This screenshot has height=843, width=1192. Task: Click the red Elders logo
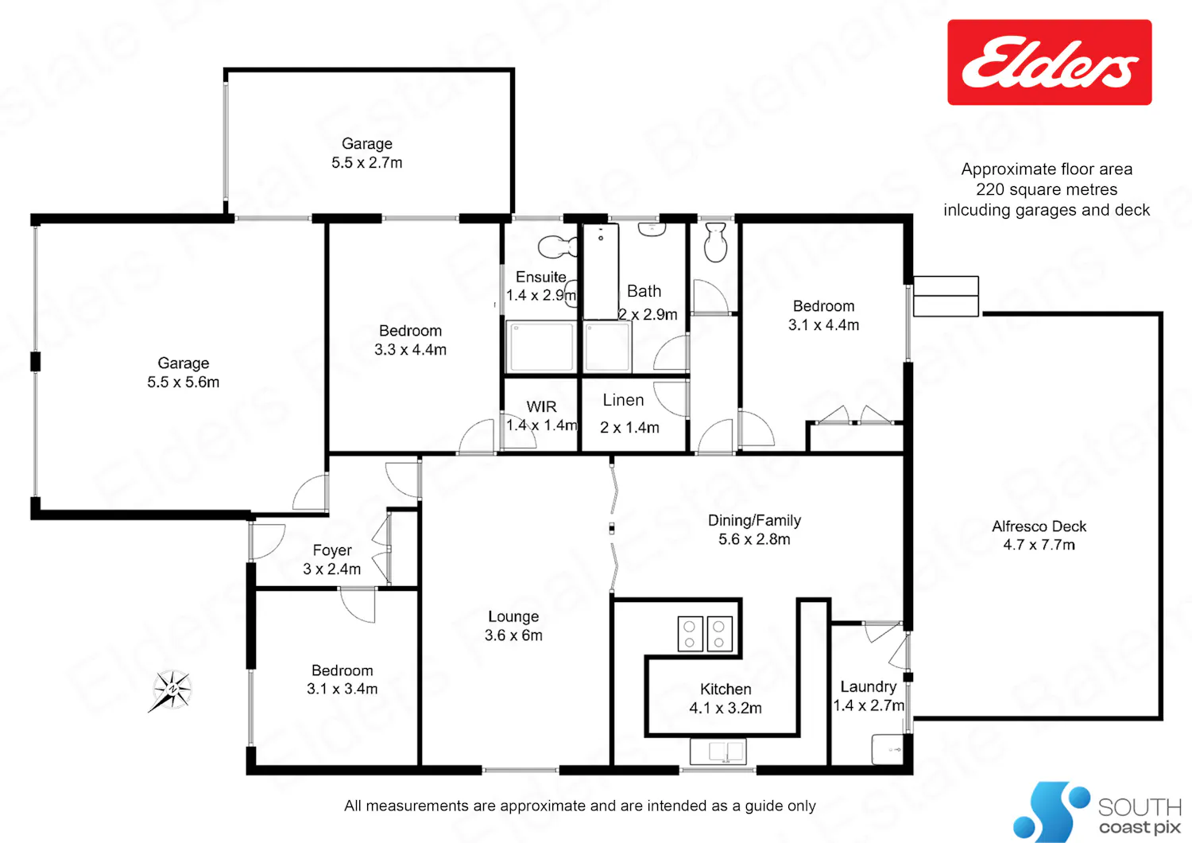[x=1050, y=62]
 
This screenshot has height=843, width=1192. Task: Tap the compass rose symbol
[x=172, y=690]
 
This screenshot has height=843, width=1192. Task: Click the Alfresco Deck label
[x=1039, y=536]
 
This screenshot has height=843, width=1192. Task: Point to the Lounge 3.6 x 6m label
[x=513, y=626]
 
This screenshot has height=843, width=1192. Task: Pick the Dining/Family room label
[x=754, y=530]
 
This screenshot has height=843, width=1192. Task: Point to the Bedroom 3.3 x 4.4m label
[x=410, y=340]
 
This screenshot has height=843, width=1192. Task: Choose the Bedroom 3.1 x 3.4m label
[x=343, y=679]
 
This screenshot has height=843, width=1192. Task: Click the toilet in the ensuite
[x=558, y=246]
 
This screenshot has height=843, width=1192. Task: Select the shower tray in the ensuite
[x=541, y=346]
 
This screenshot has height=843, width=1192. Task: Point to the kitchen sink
[x=718, y=752]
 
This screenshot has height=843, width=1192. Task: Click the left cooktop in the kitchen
[x=690, y=635]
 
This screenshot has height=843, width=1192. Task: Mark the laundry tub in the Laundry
[x=888, y=749]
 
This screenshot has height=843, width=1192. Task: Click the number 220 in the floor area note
[x=990, y=189]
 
